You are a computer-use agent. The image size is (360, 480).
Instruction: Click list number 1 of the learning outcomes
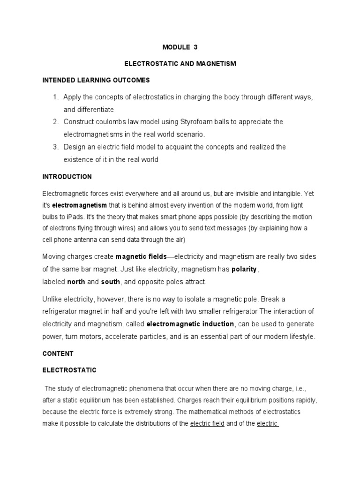point(55,97)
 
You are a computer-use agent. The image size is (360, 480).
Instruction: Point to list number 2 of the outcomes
point(55,122)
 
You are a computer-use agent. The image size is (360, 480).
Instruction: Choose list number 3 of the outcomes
point(55,147)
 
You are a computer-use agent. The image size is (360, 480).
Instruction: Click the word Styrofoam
point(196,122)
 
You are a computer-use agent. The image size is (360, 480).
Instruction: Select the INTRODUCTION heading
point(67,177)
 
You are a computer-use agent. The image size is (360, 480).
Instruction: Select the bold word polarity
point(244,270)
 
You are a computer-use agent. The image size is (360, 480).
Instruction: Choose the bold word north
point(76,282)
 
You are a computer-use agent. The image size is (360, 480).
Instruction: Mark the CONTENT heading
point(58,353)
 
